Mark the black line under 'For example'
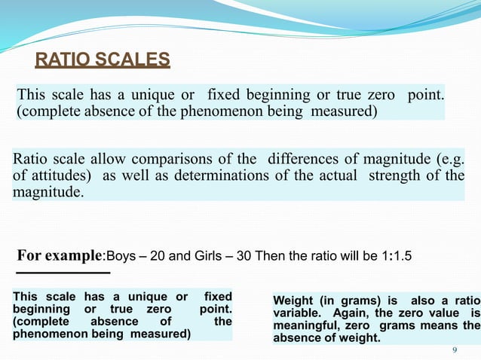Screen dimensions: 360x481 63,273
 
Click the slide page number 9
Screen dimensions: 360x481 454,349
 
